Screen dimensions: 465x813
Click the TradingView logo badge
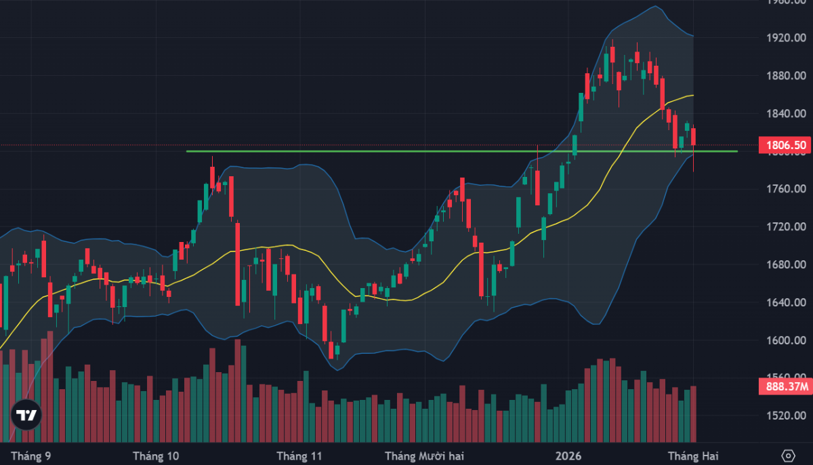click(26, 415)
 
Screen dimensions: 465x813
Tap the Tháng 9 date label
click(29, 456)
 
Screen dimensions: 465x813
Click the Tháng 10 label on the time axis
click(157, 456)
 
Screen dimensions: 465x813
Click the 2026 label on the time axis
click(568, 456)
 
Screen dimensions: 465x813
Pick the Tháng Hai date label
click(692, 456)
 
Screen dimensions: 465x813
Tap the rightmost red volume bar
click(693, 413)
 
